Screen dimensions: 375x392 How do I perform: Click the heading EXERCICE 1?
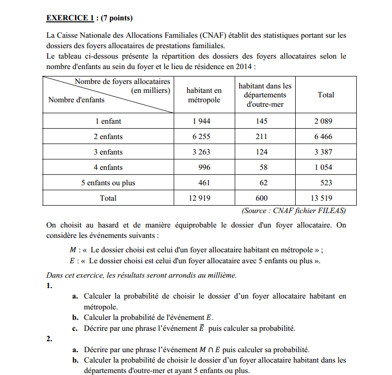[x=70, y=18]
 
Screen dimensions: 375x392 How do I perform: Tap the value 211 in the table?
[x=261, y=137]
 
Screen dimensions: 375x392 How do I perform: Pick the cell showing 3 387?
[x=323, y=152]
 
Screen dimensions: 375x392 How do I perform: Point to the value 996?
[x=204, y=167]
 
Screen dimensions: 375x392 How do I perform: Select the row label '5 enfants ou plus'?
[x=108, y=183]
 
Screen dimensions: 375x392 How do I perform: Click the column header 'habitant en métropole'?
[x=204, y=95]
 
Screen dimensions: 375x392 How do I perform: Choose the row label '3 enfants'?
[x=108, y=152]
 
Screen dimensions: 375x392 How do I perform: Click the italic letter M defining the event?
[x=73, y=250]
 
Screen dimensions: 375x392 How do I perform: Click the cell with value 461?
[x=204, y=183]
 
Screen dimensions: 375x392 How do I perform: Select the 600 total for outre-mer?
[x=261, y=198]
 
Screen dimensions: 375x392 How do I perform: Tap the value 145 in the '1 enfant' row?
[x=261, y=121]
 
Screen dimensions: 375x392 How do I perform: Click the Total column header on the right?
[x=326, y=95]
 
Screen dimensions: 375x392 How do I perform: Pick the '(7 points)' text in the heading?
[x=117, y=18]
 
